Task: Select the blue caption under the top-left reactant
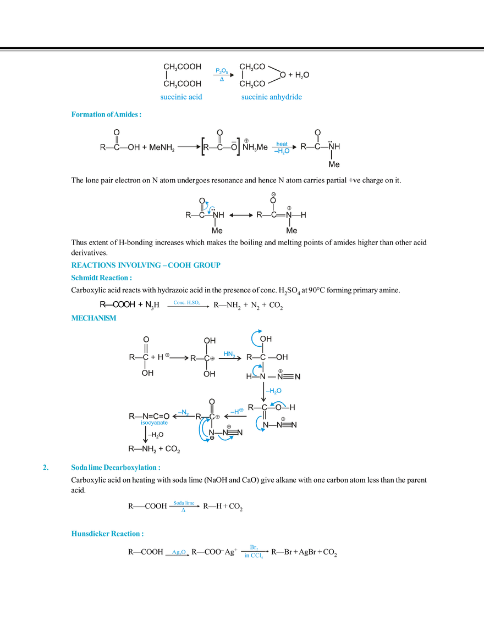(182, 96)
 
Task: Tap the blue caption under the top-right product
(271, 97)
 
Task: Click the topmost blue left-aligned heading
(106, 114)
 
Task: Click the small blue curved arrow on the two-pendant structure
(207, 206)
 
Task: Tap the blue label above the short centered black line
(186, 302)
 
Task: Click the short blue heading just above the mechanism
(92, 317)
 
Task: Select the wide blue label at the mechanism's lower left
(154, 423)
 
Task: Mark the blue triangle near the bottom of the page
(184, 511)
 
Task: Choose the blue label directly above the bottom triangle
(184, 502)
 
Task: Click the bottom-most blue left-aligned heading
(106, 533)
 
